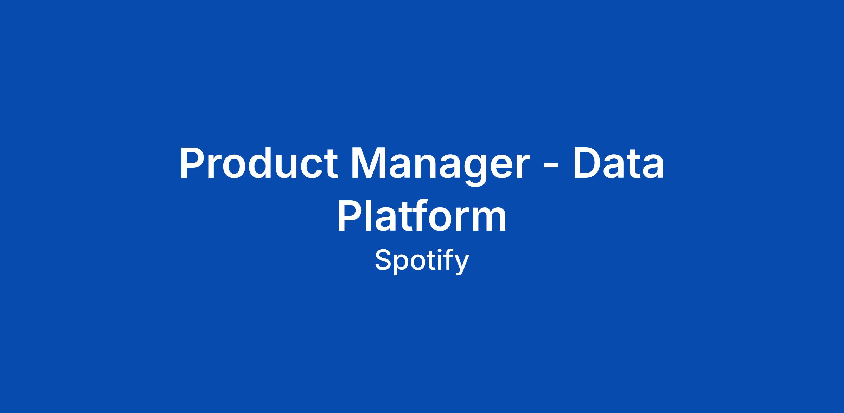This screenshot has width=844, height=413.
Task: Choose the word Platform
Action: pos(422,215)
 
